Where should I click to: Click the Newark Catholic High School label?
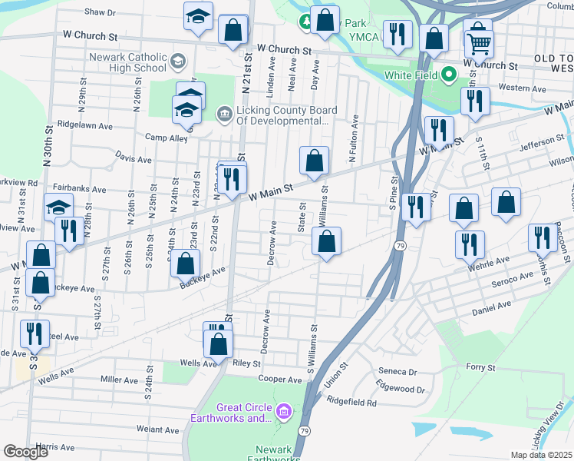click(x=127, y=62)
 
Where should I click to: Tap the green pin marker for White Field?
click(x=450, y=75)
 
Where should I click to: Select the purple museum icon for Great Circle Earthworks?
click(x=283, y=413)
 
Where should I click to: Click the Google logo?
click(x=26, y=452)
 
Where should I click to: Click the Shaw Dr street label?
click(x=100, y=13)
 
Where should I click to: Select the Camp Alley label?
click(x=167, y=138)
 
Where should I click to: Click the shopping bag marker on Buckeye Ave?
click(x=186, y=264)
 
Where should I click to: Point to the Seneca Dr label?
click(x=397, y=371)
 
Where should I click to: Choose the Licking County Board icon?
click(x=224, y=114)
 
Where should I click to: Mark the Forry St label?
click(x=481, y=367)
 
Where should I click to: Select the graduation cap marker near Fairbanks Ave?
click(x=58, y=207)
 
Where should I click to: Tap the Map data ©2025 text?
click(x=542, y=455)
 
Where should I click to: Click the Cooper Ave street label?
click(x=280, y=380)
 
